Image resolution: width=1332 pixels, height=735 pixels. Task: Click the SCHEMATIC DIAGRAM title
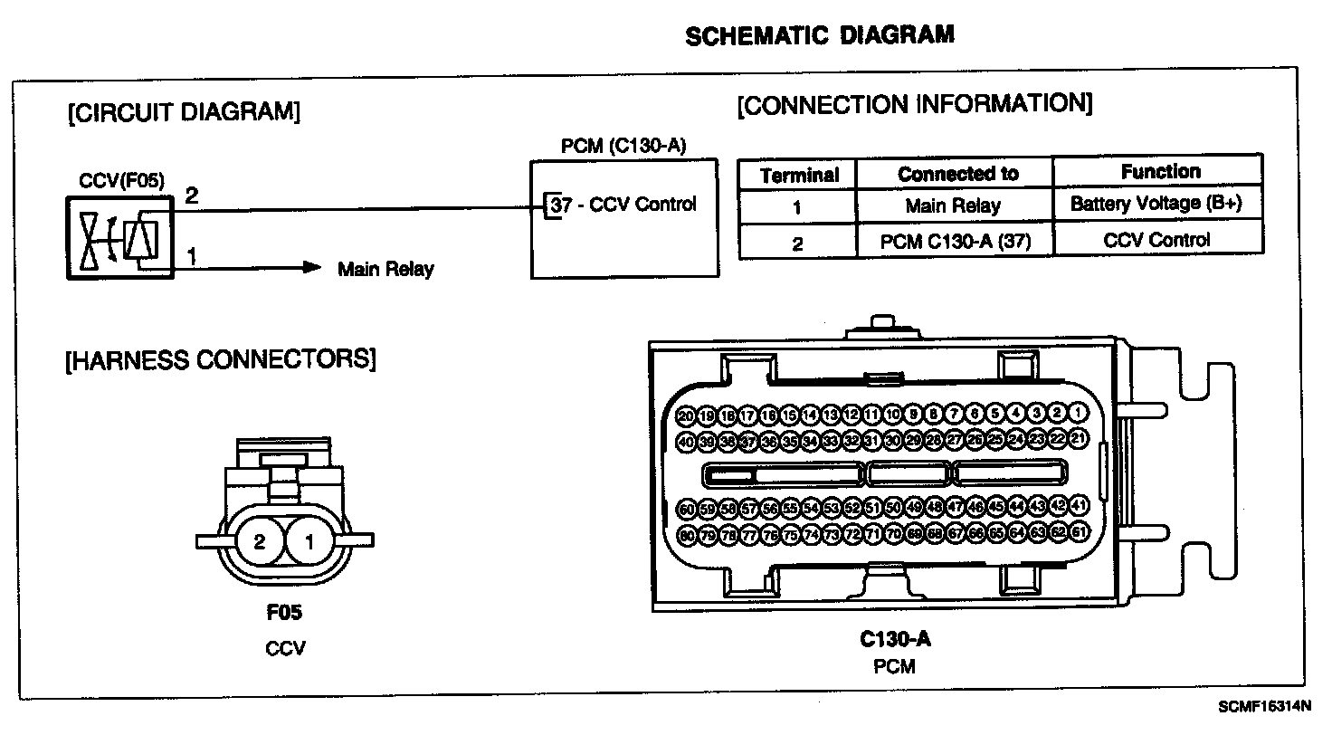(x=819, y=36)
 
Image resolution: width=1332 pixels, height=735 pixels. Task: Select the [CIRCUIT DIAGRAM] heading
(x=183, y=112)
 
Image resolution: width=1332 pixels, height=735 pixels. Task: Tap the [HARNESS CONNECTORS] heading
(x=220, y=359)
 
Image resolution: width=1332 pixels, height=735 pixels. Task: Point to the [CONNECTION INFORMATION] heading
(x=915, y=104)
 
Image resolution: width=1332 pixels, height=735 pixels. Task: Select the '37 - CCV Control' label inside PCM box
(x=624, y=205)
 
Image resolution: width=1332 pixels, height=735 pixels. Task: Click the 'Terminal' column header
(x=798, y=175)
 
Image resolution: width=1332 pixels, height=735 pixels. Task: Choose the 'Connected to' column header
(x=957, y=174)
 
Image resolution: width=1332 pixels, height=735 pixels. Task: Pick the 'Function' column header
(x=1160, y=171)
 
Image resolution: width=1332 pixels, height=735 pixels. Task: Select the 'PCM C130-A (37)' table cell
(x=955, y=242)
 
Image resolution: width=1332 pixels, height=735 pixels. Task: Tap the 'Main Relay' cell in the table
(x=953, y=206)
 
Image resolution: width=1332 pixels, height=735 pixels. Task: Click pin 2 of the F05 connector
(x=260, y=542)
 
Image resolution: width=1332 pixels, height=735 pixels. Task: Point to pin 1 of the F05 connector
(x=309, y=542)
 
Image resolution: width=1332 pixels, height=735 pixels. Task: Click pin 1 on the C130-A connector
(x=1078, y=414)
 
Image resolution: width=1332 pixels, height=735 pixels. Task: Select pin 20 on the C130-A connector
(x=686, y=415)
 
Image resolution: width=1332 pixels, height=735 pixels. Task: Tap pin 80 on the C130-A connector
(x=687, y=535)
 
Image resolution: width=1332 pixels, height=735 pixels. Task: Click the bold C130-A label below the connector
(x=894, y=640)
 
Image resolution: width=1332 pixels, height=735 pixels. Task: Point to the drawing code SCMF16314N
(x=1264, y=706)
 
